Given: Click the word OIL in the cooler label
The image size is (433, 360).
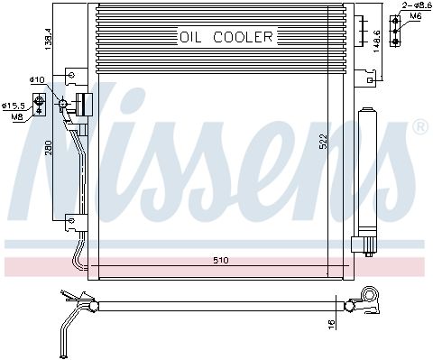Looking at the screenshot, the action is point(190,37).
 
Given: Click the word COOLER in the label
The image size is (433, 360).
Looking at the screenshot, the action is point(243,37).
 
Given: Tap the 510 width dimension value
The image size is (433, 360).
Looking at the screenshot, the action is point(221,261).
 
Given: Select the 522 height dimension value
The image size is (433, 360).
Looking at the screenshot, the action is point(323,142).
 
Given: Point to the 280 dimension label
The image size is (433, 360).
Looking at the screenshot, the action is point(49,147).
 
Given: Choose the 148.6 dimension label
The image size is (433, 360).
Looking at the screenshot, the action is point(376,42).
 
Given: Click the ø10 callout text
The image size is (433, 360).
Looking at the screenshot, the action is point(37,80).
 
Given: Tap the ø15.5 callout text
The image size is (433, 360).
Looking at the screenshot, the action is point(12,106).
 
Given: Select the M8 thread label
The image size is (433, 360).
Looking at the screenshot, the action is point(17,116).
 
